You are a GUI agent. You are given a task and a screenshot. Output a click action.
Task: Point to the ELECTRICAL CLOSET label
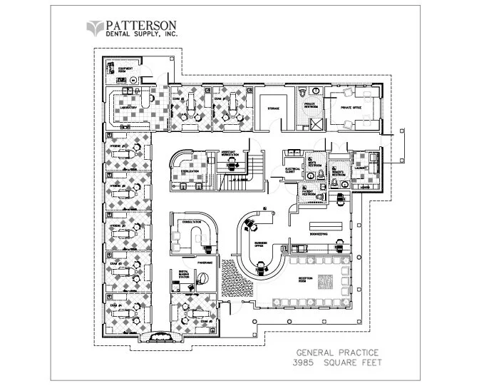289,171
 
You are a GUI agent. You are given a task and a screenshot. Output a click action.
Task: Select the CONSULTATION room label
192,222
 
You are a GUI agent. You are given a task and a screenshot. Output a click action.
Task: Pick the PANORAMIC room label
187,263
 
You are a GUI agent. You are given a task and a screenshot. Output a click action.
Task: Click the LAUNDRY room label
359,169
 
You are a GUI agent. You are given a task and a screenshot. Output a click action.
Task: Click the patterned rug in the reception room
328,280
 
